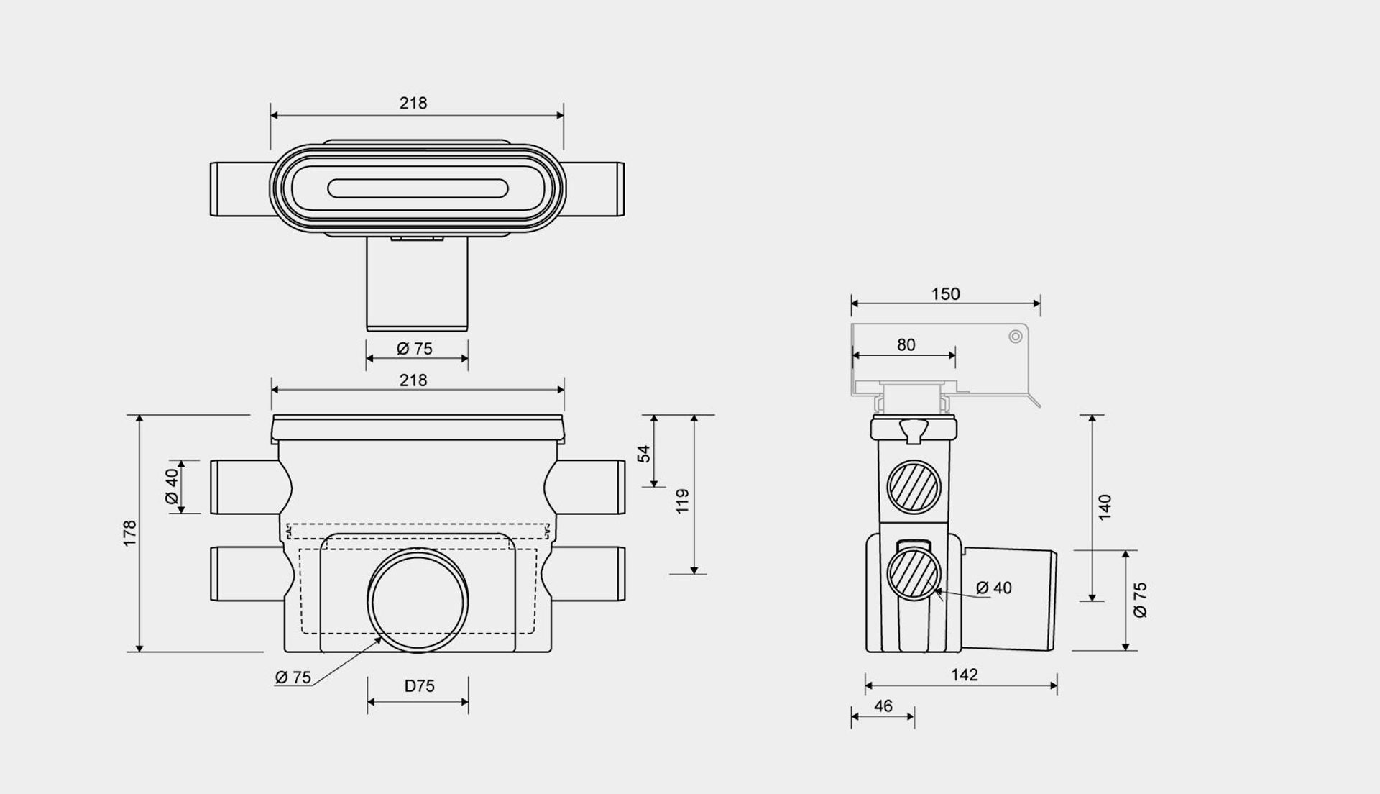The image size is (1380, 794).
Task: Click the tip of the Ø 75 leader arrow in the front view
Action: click(383, 636)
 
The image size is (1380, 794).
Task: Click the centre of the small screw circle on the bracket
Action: click(1016, 337)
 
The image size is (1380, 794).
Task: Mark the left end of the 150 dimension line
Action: click(852, 304)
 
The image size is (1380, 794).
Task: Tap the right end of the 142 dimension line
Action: click(1057, 685)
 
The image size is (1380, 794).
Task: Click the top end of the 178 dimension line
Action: click(139, 416)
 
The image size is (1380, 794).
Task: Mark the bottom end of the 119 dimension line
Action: click(694, 574)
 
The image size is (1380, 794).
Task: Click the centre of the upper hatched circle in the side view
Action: click(914, 487)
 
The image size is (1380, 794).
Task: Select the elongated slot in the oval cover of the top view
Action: click(418, 188)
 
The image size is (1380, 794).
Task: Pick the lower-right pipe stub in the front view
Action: click(588, 574)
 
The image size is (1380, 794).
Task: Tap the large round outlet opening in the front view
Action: click(418, 601)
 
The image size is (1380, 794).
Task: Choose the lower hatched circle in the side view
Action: click(914, 573)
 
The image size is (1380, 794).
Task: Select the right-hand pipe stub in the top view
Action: click(594, 189)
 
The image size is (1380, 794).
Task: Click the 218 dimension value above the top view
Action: click(413, 104)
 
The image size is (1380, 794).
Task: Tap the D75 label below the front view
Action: click(419, 686)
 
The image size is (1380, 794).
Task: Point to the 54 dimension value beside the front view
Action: click(644, 454)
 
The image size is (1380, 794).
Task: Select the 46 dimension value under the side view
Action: click(883, 706)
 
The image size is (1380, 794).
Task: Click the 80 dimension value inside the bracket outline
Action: click(906, 345)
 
